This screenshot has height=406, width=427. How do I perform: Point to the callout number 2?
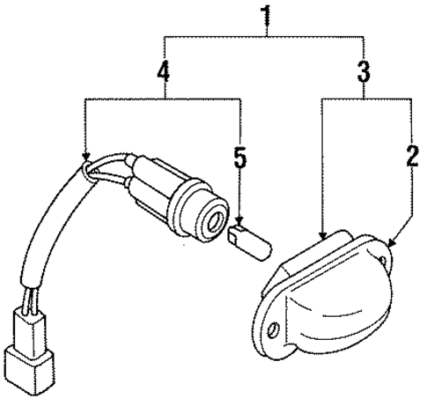[409, 156]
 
